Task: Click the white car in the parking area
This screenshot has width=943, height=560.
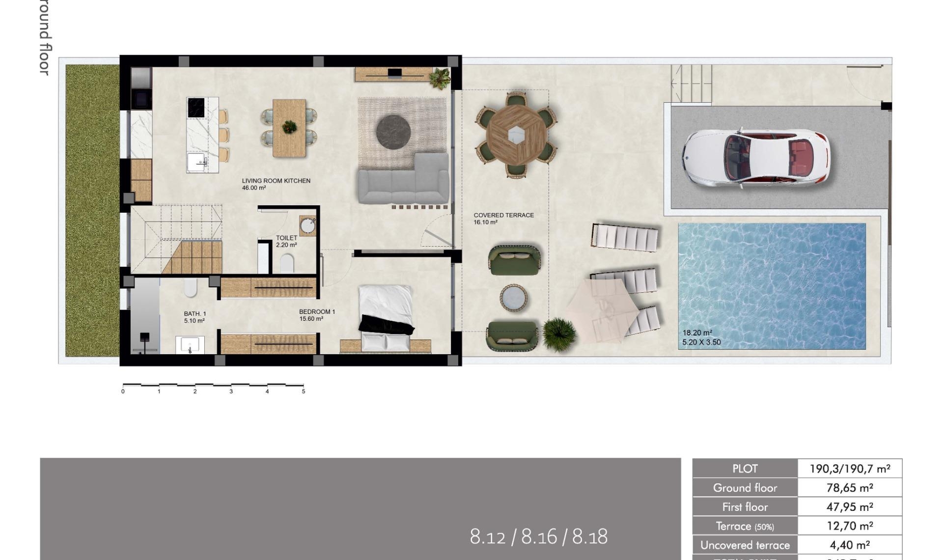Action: (x=756, y=158)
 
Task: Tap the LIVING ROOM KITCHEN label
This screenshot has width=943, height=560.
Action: (x=276, y=181)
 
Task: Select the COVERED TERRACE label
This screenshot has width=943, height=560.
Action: (x=503, y=215)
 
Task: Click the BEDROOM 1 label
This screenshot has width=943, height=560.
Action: (x=317, y=312)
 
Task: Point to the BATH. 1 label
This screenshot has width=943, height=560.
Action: (x=195, y=314)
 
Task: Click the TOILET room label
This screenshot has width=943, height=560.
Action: (x=286, y=238)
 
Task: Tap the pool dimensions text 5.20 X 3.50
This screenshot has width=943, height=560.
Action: (x=701, y=342)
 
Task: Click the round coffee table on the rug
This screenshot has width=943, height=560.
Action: (x=393, y=131)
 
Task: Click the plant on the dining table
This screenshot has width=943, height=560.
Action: (x=289, y=127)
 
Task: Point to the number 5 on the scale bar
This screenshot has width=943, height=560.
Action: (x=304, y=392)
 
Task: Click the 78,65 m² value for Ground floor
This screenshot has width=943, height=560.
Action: (x=849, y=488)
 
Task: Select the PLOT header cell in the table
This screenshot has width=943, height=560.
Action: (x=745, y=469)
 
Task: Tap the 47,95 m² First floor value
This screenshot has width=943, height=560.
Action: (x=849, y=507)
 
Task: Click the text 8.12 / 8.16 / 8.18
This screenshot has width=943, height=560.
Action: (x=538, y=537)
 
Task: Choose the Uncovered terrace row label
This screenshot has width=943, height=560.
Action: (x=745, y=545)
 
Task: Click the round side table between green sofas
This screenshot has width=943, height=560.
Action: (x=514, y=298)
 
